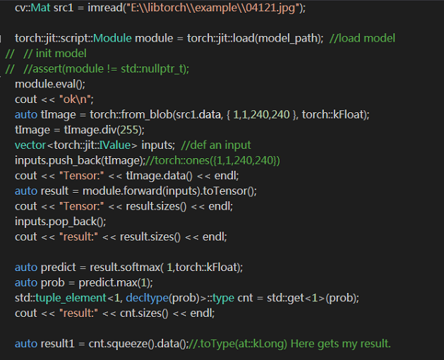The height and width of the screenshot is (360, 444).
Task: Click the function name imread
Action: [105, 8]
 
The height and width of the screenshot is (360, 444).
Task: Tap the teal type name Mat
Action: [40, 8]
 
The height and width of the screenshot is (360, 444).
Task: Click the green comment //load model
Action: [362, 38]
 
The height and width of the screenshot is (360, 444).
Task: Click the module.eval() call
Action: [49, 84]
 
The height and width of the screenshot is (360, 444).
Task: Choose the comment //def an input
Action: [216, 145]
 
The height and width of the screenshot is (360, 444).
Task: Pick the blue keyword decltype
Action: [147, 299]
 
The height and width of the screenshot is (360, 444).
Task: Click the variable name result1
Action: [58, 344]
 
